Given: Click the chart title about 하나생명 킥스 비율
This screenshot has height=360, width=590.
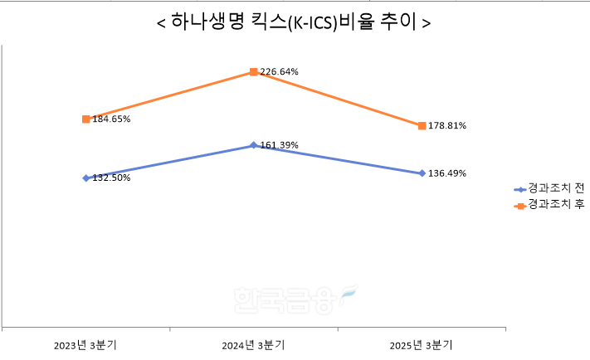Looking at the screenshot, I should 294,22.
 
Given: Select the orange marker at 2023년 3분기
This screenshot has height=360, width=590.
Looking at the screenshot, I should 86,119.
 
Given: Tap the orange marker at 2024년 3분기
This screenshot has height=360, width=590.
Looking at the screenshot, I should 253,72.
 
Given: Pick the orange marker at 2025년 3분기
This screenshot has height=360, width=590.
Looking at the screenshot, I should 422,126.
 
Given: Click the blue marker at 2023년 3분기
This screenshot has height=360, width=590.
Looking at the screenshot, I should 86,178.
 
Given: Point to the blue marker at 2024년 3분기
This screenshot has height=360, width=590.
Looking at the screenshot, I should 253,145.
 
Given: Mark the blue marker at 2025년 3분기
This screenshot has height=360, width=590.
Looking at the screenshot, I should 422,173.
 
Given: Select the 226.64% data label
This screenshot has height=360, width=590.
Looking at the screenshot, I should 279,72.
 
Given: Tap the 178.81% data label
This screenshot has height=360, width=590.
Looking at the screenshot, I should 447,126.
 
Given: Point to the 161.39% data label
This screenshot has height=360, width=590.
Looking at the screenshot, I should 279,146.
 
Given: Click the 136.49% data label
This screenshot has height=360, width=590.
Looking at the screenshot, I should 447,173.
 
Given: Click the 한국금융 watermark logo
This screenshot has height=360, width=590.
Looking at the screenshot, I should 295,299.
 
